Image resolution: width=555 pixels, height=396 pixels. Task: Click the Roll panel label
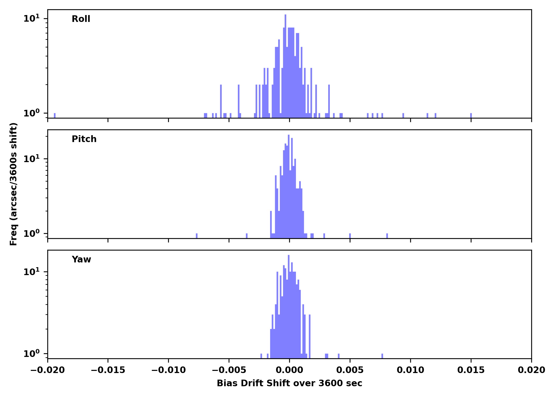(81, 19)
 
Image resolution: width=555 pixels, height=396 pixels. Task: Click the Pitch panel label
(84, 139)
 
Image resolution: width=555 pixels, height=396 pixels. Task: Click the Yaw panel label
(81, 260)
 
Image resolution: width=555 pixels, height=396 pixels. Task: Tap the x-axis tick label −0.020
(48, 370)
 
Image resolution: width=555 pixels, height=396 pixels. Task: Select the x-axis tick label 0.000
(289, 370)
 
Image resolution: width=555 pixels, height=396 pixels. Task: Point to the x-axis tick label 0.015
(471, 370)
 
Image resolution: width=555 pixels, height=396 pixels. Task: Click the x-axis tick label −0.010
(168, 370)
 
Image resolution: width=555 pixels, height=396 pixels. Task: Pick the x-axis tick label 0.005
(350, 370)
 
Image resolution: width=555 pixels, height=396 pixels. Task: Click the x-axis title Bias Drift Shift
(289, 383)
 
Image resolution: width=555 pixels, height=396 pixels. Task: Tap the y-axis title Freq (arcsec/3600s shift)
(13, 184)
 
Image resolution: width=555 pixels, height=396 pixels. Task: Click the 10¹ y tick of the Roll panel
(31, 18)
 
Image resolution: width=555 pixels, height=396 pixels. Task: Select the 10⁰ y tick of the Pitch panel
(31, 233)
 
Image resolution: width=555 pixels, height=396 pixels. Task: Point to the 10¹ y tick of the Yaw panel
(31, 272)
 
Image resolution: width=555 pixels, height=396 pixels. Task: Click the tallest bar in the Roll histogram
(285, 66)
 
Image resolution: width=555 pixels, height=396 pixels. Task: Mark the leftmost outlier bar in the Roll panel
(55, 115)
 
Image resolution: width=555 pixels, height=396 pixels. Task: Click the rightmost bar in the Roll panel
(471, 115)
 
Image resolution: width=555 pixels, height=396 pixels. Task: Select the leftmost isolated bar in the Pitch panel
(197, 236)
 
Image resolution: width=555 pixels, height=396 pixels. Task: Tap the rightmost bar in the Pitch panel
(387, 236)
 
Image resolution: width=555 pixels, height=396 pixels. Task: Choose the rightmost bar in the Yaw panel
(382, 356)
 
